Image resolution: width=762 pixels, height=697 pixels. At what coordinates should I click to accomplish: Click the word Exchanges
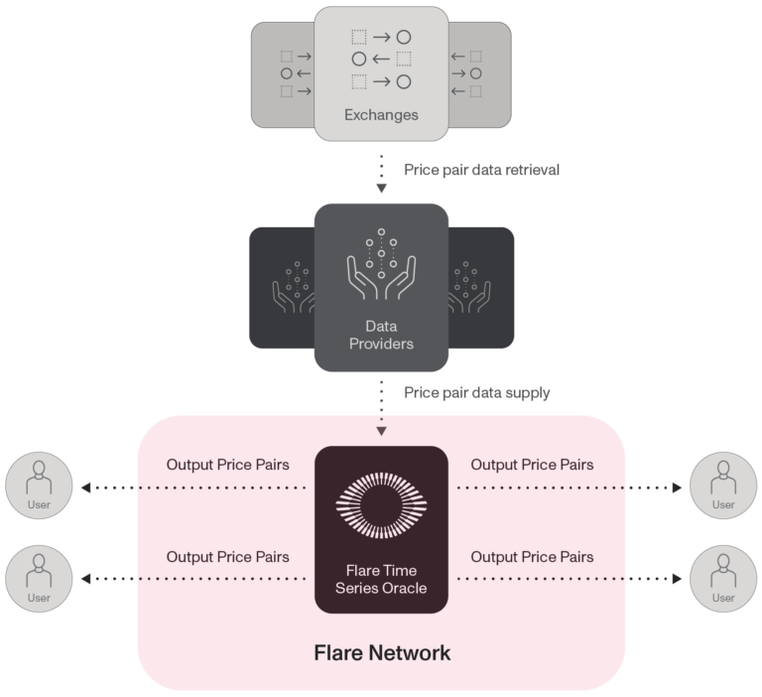pyautogui.click(x=381, y=115)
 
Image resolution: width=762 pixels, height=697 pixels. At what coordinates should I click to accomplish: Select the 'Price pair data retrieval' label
pyautogui.click(x=481, y=170)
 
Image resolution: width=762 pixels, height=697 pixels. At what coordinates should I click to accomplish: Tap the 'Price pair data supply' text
pyautogui.click(x=476, y=393)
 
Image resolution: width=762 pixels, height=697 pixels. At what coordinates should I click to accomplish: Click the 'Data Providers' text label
pyautogui.click(x=381, y=335)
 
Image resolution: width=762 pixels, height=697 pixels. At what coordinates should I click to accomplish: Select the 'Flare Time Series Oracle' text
pyautogui.click(x=381, y=579)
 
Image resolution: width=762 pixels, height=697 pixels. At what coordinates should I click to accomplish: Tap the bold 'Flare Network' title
pyautogui.click(x=382, y=653)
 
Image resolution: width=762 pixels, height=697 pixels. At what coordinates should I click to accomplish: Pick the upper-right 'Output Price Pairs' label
pyautogui.click(x=532, y=465)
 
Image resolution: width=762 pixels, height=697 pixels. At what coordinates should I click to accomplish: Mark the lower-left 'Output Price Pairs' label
pyautogui.click(x=227, y=557)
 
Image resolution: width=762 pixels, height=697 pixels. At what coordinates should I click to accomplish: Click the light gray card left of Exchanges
pyautogui.click(x=282, y=75)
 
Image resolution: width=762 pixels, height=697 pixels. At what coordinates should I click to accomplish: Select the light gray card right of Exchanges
pyautogui.click(x=482, y=75)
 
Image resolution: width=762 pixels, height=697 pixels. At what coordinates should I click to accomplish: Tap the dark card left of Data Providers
pyautogui.click(x=280, y=288)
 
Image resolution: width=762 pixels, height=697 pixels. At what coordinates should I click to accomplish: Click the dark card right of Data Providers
pyautogui.click(x=483, y=288)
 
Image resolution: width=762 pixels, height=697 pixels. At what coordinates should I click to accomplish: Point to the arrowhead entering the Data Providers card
pyautogui.click(x=381, y=189)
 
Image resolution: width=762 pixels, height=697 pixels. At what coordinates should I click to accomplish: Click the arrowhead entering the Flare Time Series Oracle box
pyautogui.click(x=381, y=432)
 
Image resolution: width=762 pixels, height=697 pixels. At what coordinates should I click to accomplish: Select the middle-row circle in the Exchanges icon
pyautogui.click(x=359, y=60)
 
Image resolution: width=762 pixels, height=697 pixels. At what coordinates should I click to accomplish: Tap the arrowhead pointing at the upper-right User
pyautogui.click(x=678, y=488)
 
